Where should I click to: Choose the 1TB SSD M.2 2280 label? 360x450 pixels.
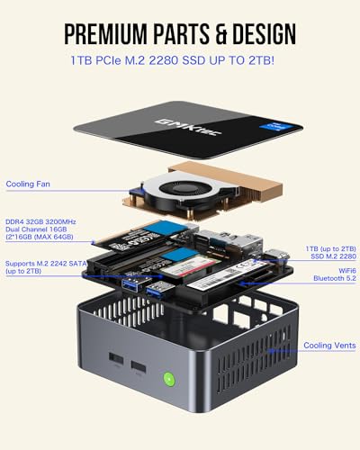pyautogui.click(x=330, y=253)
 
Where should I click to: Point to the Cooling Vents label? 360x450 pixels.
pyautogui.click(x=328, y=345)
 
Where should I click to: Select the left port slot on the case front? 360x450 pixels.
pyautogui.click(x=115, y=359)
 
